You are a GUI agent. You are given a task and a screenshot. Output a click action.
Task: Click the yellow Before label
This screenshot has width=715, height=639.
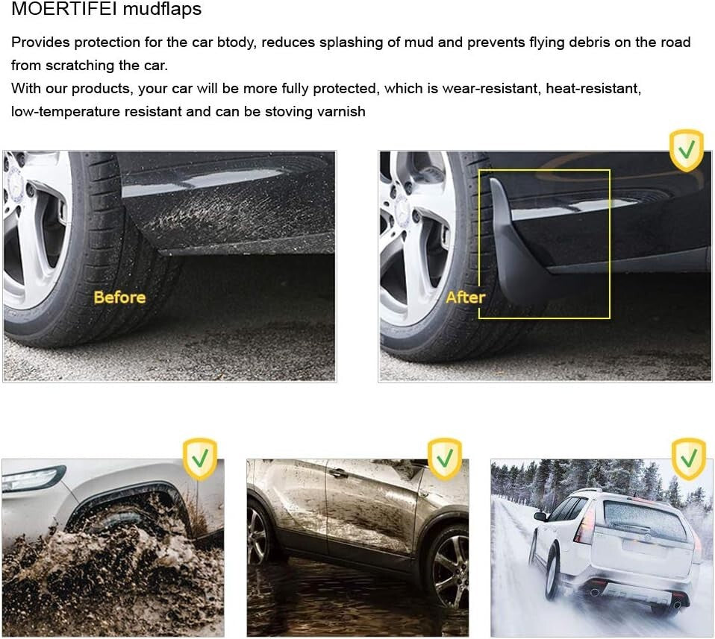(119, 298)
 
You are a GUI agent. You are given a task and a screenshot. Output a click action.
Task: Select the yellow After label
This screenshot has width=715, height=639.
(465, 298)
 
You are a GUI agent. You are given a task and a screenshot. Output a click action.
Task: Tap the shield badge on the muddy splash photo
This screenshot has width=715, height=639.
(200, 459)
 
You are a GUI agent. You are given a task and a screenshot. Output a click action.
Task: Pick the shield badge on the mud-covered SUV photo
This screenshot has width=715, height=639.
(444, 459)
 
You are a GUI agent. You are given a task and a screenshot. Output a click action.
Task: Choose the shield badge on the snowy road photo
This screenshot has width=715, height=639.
(688, 459)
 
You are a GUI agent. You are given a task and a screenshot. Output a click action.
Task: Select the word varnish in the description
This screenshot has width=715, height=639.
(340, 112)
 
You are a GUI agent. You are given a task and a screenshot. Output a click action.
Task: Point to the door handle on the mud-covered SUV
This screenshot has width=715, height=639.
(340, 473)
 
